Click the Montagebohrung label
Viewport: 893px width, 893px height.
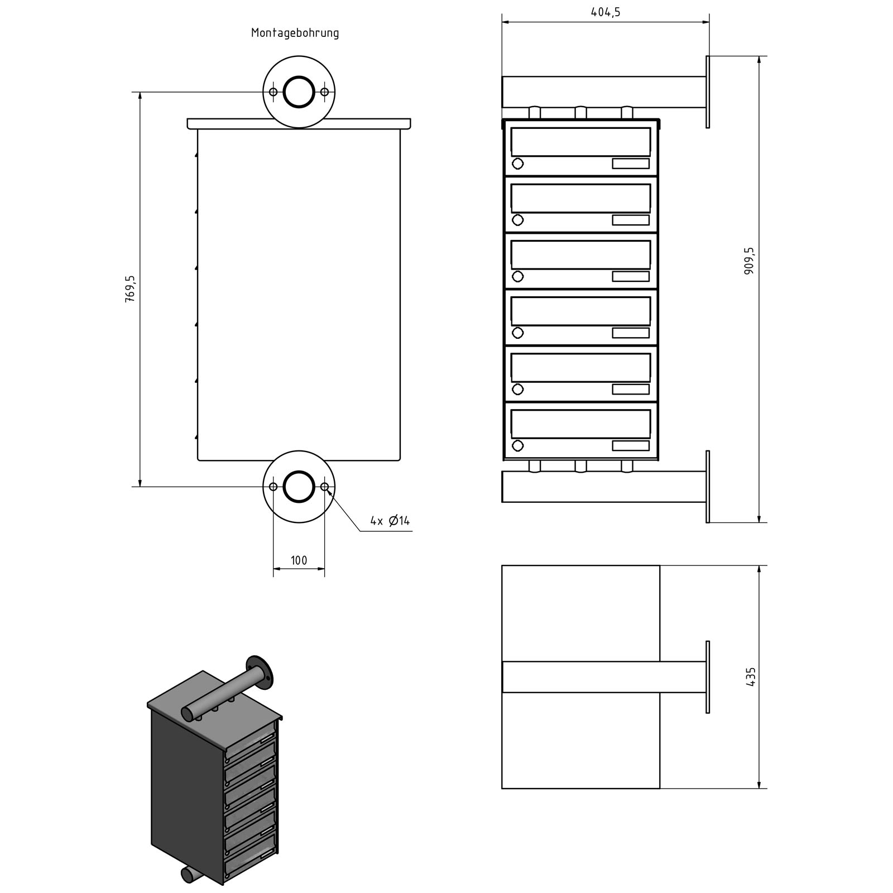295,33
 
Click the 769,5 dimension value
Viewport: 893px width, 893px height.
130,289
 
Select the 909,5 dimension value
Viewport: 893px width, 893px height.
749,261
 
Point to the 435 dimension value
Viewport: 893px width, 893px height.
750,676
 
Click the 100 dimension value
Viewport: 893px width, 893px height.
299,560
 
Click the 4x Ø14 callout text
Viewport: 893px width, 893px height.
390,521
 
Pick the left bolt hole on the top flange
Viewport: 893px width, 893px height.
273,92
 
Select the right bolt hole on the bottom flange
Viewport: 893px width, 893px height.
325,487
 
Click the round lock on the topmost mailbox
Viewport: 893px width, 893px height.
517,164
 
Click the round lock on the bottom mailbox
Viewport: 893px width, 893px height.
517,445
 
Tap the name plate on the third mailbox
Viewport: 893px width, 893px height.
631,276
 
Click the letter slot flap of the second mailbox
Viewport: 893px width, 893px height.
580,198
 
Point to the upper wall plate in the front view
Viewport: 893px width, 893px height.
708,92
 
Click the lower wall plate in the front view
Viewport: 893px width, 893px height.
708,487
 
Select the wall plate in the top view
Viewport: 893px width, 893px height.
708,677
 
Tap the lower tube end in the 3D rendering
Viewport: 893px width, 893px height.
188,875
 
